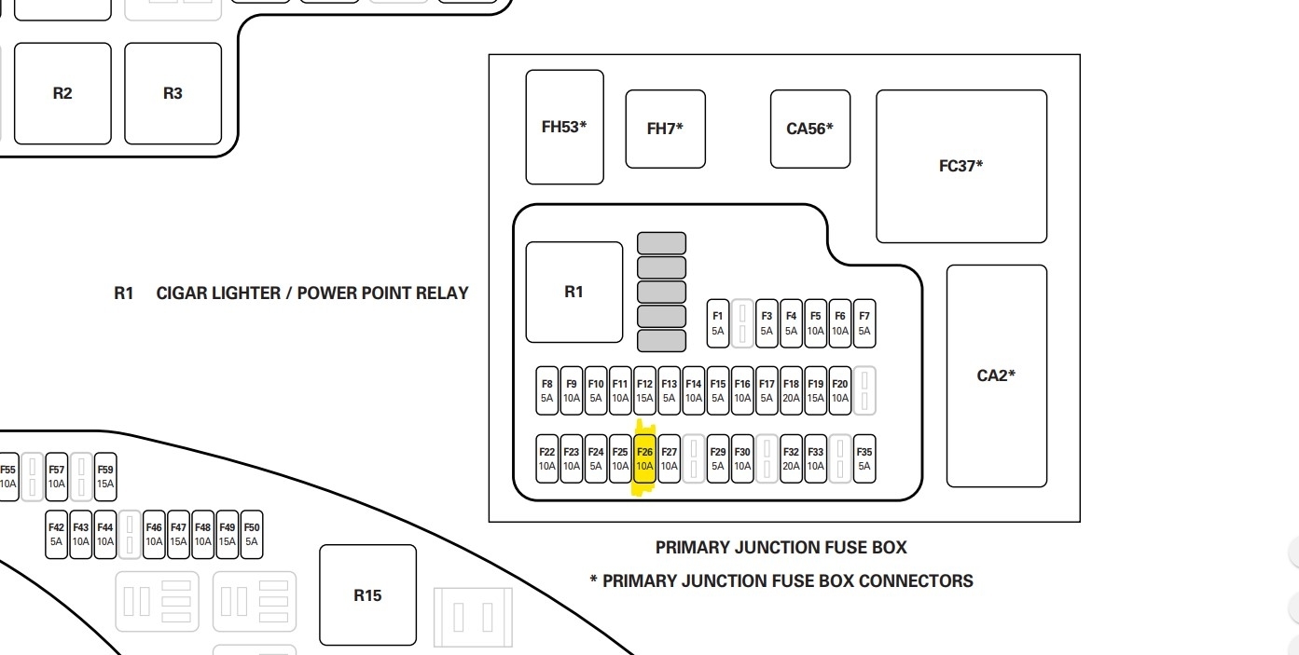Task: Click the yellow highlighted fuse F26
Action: pyautogui.click(x=644, y=459)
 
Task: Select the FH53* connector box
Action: pyautogui.click(x=564, y=127)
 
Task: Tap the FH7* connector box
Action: pyautogui.click(x=665, y=129)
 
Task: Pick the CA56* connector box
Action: pyautogui.click(x=809, y=129)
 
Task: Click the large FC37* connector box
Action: pyautogui.click(x=960, y=166)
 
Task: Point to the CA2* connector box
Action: pyautogui.click(x=996, y=375)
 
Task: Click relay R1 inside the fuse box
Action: pyautogui.click(x=573, y=292)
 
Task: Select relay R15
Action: pyautogui.click(x=367, y=594)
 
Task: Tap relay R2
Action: pyautogui.click(x=62, y=93)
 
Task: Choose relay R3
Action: pyautogui.click(x=173, y=93)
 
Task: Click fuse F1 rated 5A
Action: pyautogui.click(x=717, y=323)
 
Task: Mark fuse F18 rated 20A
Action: pyautogui.click(x=791, y=390)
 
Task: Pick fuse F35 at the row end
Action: pyautogui.click(x=864, y=459)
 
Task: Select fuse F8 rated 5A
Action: pyautogui.click(x=546, y=390)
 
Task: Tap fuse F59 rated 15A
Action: pyautogui.click(x=105, y=477)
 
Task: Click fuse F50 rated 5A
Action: pyautogui.click(x=252, y=535)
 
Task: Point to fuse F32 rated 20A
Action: pyautogui.click(x=791, y=459)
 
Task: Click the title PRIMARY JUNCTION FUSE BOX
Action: pyautogui.click(x=781, y=548)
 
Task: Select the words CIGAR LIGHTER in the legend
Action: pyautogui.click(x=217, y=293)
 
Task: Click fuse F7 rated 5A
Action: pyautogui.click(x=864, y=323)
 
